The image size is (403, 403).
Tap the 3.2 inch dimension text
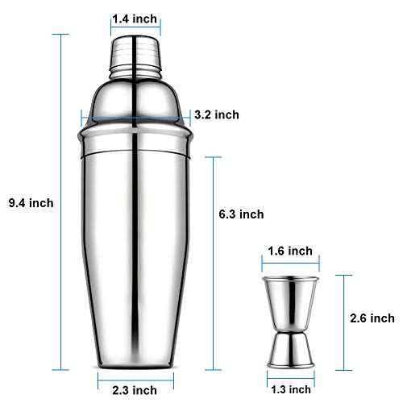[x=217, y=114]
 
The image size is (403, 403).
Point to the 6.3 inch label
[x=241, y=214]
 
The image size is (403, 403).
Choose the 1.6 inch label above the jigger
[x=289, y=251]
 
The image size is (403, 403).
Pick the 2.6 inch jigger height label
[x=372, y=318]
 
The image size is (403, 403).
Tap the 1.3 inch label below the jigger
[x=289, y=388]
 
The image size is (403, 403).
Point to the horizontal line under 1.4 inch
[x=135, y=27]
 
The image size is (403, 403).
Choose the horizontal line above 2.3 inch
[x=135, y=375]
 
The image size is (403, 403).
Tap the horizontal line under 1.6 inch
[x=290, y=262]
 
